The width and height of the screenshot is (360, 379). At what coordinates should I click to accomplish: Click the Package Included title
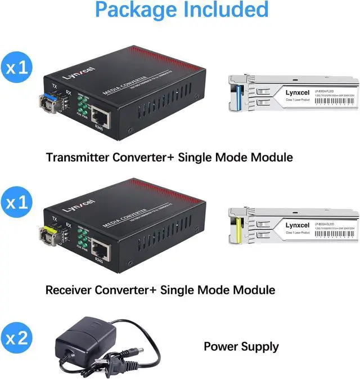coord(182,11)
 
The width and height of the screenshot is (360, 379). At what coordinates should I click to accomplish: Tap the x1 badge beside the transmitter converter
coord(16,68)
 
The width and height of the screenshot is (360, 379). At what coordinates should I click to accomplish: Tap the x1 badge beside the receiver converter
coord(16,203)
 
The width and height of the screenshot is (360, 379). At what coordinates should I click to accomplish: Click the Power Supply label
coord(241,346)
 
